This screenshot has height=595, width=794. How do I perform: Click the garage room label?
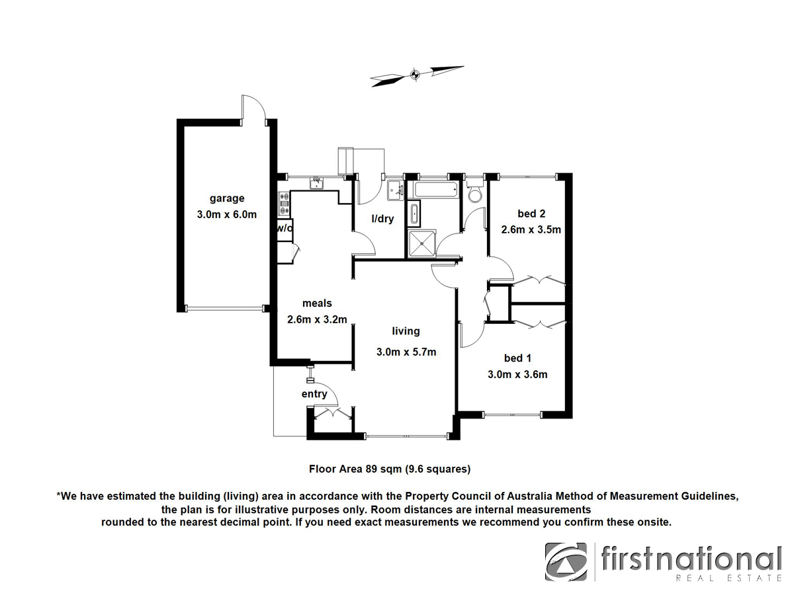pos(227,198)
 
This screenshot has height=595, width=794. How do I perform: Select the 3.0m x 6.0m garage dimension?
pos(227,214)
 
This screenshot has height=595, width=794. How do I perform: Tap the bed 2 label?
pos(531,214)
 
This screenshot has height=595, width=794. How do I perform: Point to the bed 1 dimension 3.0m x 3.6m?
pos(517,374)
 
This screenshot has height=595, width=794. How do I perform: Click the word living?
pos(406,331)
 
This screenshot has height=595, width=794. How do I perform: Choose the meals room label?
pos(317,303)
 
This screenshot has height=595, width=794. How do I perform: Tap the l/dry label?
pos(382,219)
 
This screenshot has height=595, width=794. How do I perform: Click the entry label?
pos(314,394)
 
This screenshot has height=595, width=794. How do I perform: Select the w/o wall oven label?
pos(284,227)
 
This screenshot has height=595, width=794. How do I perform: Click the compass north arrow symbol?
pos(416,75)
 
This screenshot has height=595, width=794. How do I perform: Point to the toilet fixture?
pos(474,193)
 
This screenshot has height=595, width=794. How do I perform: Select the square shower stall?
pos(421,243)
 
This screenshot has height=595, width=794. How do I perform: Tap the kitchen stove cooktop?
pos(285,204)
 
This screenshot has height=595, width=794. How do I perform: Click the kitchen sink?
pos(317,181)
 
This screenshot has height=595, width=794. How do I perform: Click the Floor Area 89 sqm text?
pos(390,469)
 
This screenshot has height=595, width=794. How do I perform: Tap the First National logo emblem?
pos(566,562)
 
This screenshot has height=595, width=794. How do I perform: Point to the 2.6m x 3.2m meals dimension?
pos(317,319)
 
